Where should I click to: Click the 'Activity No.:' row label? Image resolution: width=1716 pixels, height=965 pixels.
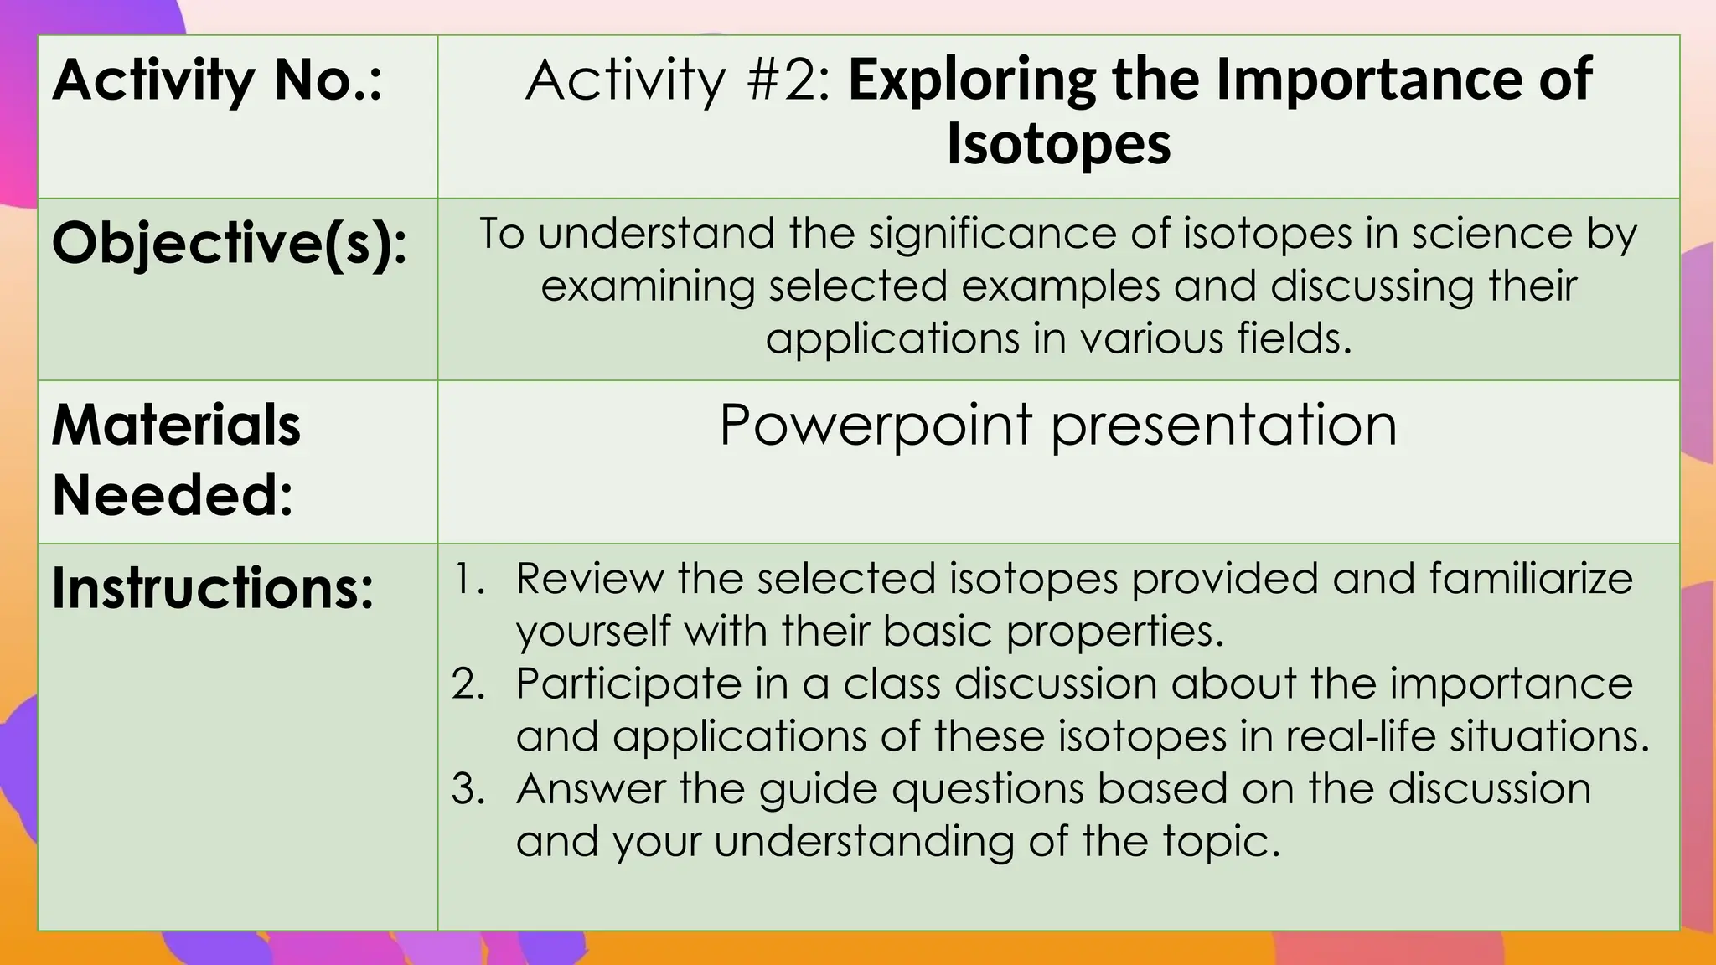pyautogui.click(x=217, y=81)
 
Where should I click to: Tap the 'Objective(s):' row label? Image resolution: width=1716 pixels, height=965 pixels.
pyautogui.click(x=230, y=244)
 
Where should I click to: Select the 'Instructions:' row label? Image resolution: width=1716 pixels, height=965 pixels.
pyautogui.click(x=213, y=588)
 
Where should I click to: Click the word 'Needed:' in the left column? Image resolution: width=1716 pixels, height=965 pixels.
pyautogui.click(x=173, y=495)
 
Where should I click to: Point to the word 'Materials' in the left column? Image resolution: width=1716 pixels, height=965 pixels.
pyautogui.click(x=176, y=426)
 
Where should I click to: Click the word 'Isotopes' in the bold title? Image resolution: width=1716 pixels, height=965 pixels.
pyautogui.click(x=1058, y=144)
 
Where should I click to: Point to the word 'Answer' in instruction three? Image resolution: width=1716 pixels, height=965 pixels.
pyautogui.click(x=591, y=789)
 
